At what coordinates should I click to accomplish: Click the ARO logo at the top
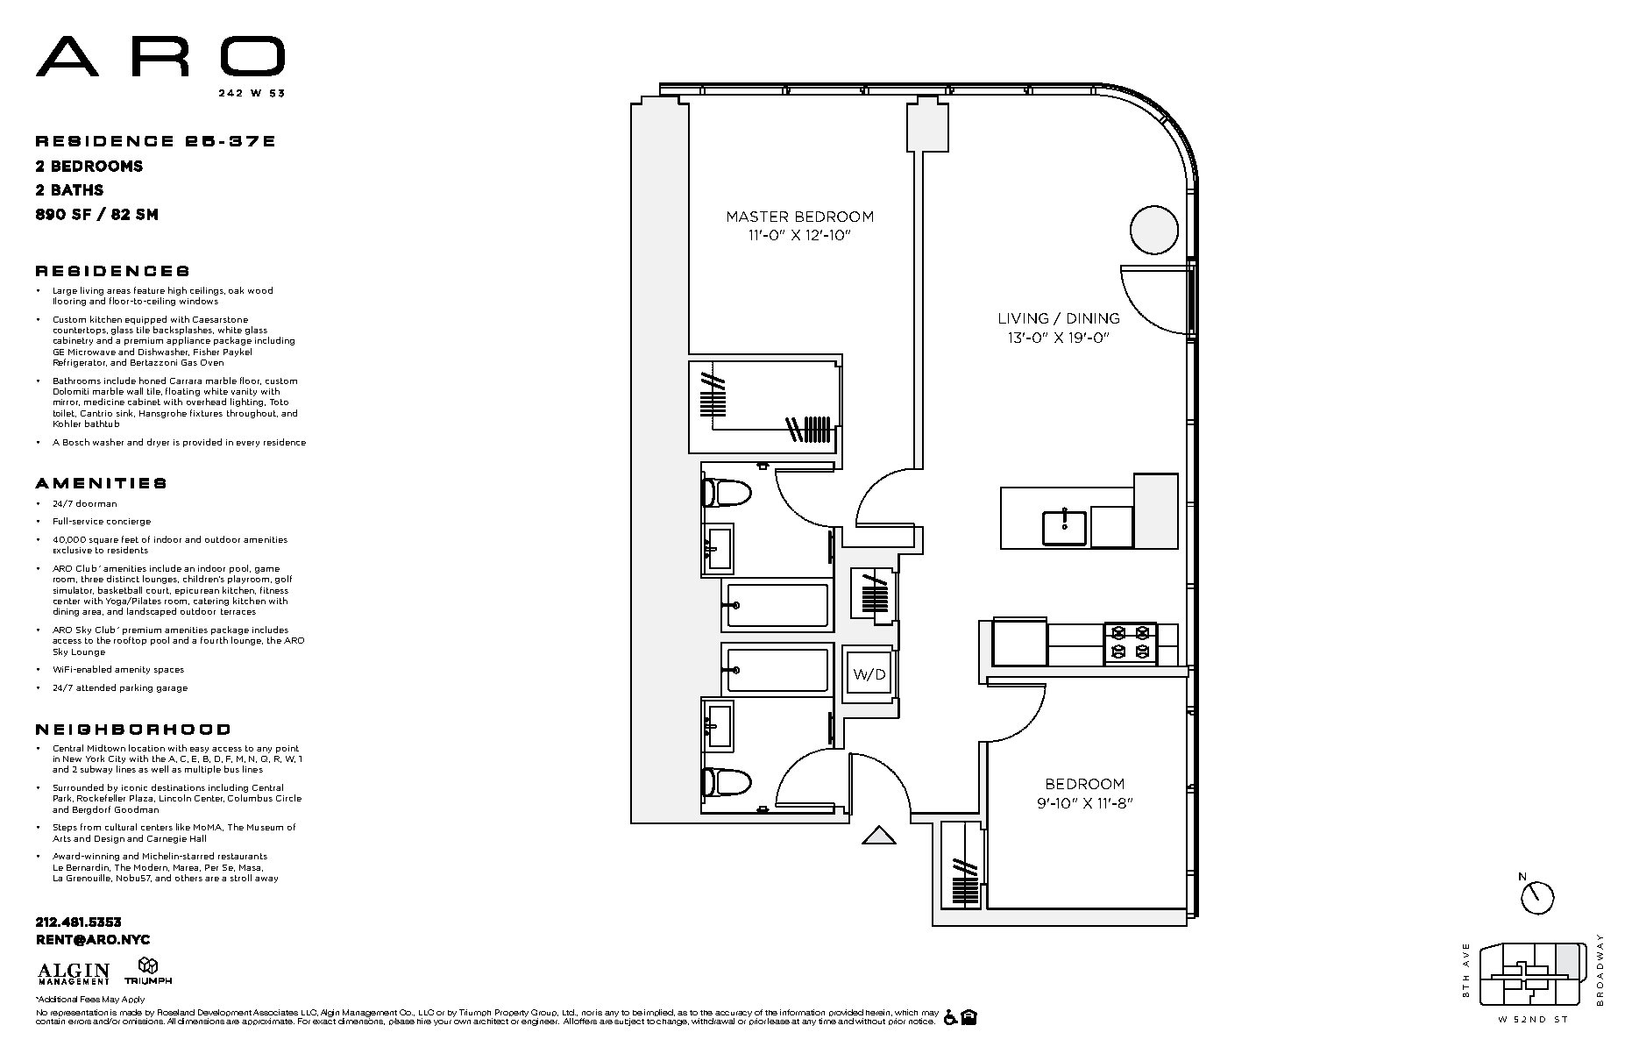point(160,58)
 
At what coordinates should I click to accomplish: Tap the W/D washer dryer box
point(869,674)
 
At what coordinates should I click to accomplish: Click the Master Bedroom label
point(798,217)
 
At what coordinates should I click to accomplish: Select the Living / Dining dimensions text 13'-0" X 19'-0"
point(1059,338)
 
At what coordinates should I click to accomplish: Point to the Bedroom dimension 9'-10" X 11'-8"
point(1083,802)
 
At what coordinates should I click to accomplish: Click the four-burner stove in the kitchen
point(1130,642)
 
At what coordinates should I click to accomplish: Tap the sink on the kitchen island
point(1064,527)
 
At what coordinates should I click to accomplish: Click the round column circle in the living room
point(1153,231)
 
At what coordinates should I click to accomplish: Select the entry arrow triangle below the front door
point(878,836)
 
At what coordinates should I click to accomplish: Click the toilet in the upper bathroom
point(727,493)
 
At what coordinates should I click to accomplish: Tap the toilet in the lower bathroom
point(727,781)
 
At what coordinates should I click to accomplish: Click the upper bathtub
point(776,605)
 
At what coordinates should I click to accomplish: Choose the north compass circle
point(1537,898)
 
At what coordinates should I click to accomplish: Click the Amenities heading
point(101,483)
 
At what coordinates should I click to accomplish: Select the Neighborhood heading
point(133,730)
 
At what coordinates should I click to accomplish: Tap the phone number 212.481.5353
point(78,922)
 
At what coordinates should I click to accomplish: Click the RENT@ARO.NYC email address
point(92,940)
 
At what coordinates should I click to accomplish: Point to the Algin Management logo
point(74,973)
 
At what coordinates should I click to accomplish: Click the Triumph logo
point(148,972)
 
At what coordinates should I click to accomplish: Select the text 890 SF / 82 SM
point(96,214)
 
